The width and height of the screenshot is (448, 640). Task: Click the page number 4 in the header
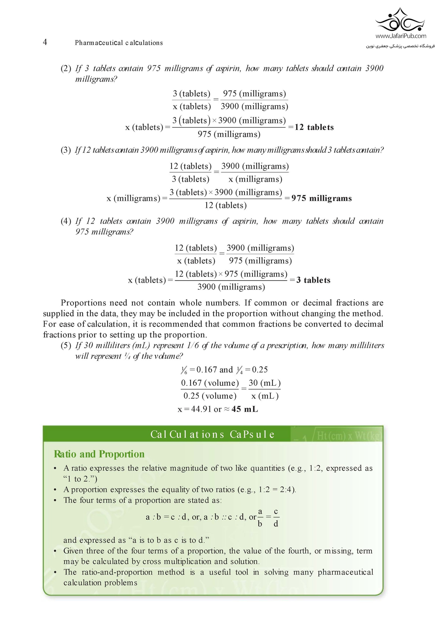[x=45, y=42]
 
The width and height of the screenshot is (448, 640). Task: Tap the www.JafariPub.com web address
[x=401, y=36]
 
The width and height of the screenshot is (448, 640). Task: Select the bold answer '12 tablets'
[x=314, y=128]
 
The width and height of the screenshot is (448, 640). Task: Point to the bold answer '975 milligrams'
[x=322, y=198]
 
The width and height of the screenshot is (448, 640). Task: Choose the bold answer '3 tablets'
[x=313, y=280]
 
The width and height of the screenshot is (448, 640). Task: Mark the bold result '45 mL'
[x=245, y=409]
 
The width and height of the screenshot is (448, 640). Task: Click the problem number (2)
[x=66, y=68]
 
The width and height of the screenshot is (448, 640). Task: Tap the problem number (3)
[x=66, y=150]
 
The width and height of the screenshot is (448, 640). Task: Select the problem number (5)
[x=66, y=346]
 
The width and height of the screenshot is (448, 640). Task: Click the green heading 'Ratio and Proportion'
[x=99, y=454]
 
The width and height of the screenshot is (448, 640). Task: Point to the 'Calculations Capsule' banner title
[x=212, y=434]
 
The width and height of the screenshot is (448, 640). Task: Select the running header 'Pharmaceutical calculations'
[x=119, y=43]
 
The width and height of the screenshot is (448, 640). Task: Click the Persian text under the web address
[x=400, y=46]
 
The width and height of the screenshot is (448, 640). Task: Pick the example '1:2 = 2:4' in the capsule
[x=277, y=490]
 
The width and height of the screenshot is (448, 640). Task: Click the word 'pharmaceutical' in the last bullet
[x=345, y=572]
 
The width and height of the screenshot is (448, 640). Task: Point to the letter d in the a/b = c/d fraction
[x=276, y=524]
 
